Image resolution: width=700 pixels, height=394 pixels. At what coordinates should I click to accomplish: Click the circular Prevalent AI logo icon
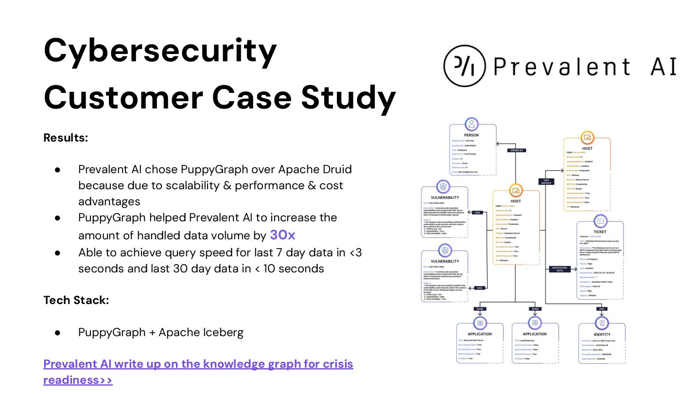point(464,66)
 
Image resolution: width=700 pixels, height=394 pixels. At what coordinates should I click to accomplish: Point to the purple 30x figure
point(282,235)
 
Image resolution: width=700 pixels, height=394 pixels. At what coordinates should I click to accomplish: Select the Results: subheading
point(66,138)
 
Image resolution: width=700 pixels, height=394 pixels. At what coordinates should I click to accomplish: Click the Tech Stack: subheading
point(76,300)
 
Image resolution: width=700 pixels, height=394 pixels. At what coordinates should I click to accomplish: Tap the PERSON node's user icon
point(471,124)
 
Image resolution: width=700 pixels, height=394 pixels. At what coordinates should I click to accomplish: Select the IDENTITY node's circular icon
point(602,323)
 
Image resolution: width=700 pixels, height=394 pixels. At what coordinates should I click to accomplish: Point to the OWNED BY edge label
point(516,150)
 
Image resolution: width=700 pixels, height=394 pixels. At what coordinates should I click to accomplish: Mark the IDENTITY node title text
point(602,334)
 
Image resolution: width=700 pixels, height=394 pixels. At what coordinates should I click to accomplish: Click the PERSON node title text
point(471,135)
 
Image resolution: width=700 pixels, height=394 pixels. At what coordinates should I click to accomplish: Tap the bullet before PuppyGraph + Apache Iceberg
point(57,333)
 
